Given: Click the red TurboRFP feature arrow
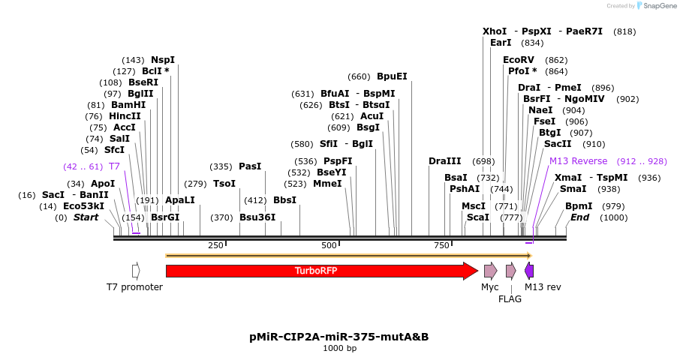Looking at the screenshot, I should click(x=315, y=271).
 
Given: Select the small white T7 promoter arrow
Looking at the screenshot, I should click(x=136, y=271).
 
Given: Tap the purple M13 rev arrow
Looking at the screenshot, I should click(x=529, y=271).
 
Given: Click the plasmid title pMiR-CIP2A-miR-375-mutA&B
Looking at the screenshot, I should click(x=339, y=337).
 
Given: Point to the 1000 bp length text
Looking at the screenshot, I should click(x=339, y=348).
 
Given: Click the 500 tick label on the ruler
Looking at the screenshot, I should click(x=329, y=245).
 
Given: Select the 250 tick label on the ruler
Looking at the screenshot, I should click(x=215, y=245).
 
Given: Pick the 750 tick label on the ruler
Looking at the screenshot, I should click(x=441, y=245).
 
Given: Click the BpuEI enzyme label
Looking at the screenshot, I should click(x=392, y=76).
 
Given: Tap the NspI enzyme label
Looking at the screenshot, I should click(x=163, y=60).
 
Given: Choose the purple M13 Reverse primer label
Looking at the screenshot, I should click(x=578, y=161).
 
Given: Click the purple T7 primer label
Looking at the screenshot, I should click(x=114, y=166).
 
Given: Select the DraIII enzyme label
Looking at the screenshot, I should click(x=445, y=161).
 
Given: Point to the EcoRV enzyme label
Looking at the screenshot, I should click(x=519, y=60).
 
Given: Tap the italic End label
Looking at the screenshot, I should click(x=579, y=217).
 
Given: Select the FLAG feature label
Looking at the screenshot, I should click(x=510, y=298).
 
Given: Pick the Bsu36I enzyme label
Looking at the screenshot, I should click(x=257, y=217).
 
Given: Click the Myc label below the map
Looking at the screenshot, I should click(x=489, y=286).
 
